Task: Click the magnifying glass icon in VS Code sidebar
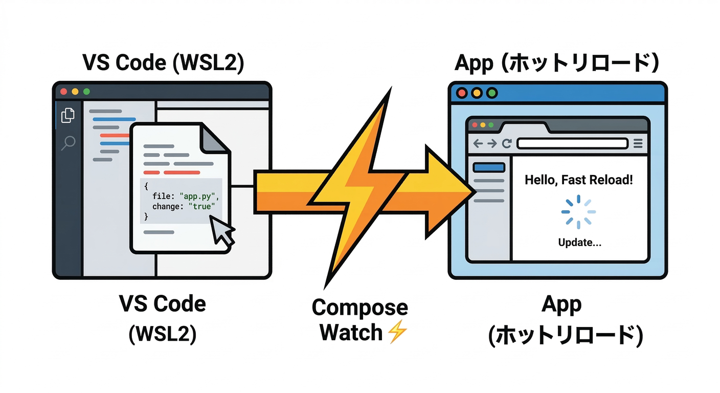[67, 143]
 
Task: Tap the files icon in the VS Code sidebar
[67, 115]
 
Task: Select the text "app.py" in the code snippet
[200, 196]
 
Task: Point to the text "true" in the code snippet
[202, 206]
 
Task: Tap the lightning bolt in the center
[358, 189]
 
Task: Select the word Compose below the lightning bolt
[359, 308]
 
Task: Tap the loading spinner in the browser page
[578, 211]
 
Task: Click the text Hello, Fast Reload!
[579, 180]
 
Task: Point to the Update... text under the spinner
[579, 243]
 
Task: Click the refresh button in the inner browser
[506, 144]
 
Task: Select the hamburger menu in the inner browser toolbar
[638, 144]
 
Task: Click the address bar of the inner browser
[572, 144]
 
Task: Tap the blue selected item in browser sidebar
[489, 167]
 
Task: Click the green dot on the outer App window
[492, 93]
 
